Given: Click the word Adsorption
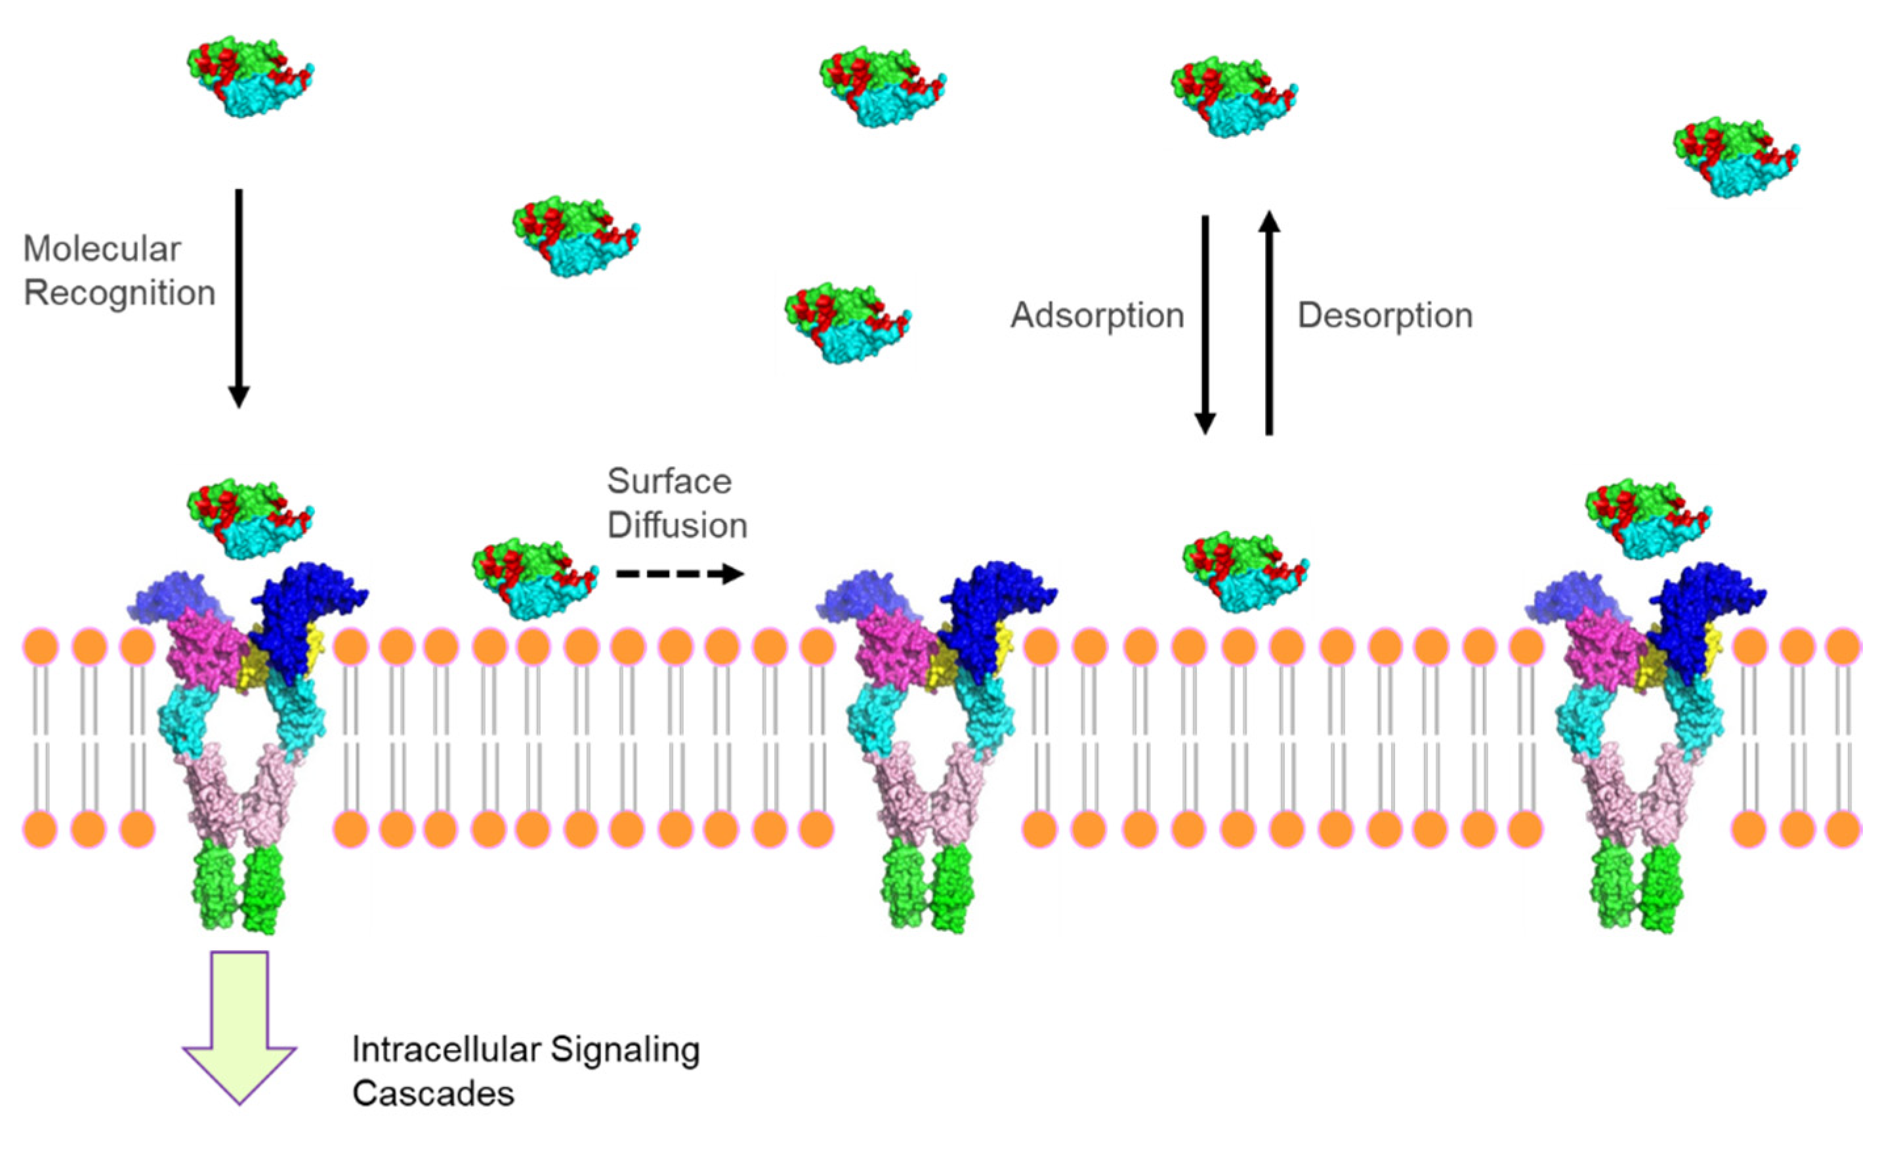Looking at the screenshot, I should click(x=1096, y=316).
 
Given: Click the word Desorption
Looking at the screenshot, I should click(x=1385, y=316).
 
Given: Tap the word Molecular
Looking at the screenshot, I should click(x=102, y=249).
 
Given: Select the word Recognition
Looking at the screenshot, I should click(x=119, y=293).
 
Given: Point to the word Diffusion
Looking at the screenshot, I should click(x=677, y=525).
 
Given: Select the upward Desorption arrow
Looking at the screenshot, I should click(x=1270, y=324).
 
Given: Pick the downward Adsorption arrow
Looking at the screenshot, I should click(x=1205, y=324).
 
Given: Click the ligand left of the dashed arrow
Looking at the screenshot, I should click(x=534, y=577).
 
